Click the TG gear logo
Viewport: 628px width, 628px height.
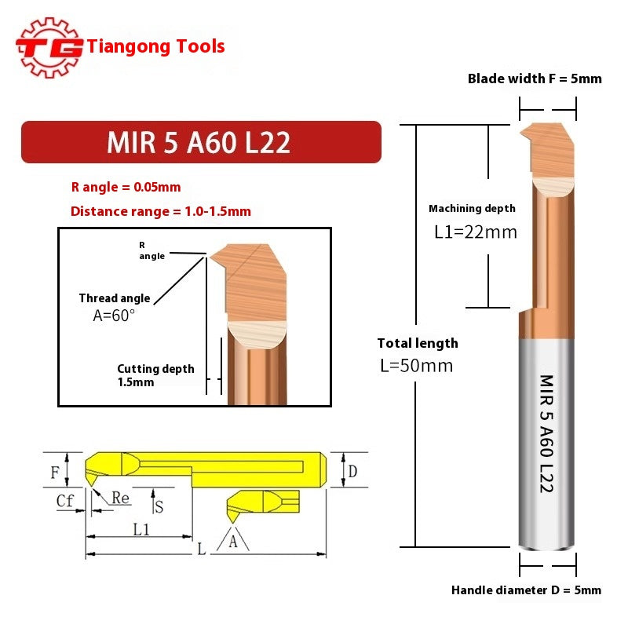point(49,47)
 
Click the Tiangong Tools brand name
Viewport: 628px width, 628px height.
point(156,46)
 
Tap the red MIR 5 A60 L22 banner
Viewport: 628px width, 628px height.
point(200,142)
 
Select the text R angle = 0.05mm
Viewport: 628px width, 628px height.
point(126,187)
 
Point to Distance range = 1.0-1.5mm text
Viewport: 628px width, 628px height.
point(160,211)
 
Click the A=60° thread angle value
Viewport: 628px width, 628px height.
point(115,315)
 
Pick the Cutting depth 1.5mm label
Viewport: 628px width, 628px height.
point(155,375)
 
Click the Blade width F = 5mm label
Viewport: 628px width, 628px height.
point(535,78)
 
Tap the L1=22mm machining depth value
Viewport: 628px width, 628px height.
point(476,232)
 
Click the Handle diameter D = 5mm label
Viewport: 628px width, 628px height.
point(526,590)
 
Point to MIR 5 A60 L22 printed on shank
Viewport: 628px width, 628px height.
point(546,433)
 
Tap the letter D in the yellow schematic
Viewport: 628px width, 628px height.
point(352,471)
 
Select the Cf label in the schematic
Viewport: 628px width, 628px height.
point(65,500)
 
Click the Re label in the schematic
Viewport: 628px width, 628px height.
point(120,498)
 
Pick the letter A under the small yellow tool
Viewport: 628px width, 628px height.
point(232,541)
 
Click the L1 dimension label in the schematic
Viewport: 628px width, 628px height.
point(141,529)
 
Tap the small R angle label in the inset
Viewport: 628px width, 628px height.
point(152,250)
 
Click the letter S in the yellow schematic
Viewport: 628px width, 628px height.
point(159,506)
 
